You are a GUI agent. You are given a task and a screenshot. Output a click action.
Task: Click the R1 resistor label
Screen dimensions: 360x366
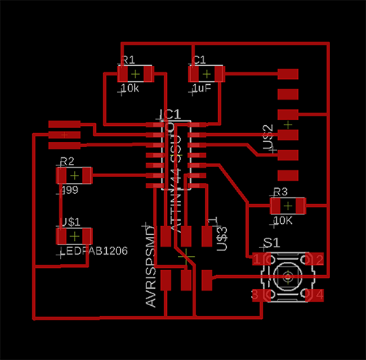click(128, 60)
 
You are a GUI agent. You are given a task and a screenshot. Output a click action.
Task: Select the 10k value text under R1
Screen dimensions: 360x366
click(130, 89)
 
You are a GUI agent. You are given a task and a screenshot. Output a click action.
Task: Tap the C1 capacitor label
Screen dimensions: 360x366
click(198, 60)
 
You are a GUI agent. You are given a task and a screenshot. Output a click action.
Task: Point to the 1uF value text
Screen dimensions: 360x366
click(201, 89)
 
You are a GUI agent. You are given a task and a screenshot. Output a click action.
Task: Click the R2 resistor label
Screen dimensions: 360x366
click(67, 161)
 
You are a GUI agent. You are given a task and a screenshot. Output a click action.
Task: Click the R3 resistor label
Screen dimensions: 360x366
click(280, 192)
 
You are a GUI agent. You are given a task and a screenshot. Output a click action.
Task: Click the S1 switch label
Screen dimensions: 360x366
click(272, 242)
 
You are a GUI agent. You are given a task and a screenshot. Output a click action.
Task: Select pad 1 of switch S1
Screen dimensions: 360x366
click(257, 260)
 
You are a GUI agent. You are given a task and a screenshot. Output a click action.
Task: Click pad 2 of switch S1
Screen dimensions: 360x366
click(318, 260)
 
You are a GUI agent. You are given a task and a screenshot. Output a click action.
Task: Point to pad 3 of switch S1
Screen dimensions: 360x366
click(257, 295)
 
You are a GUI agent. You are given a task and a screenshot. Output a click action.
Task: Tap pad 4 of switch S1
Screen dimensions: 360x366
click(318, 295)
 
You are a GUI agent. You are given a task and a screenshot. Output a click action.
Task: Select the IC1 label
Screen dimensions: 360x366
click(169, 115)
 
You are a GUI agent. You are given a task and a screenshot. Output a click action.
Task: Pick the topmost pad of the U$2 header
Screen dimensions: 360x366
click(289, 74)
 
